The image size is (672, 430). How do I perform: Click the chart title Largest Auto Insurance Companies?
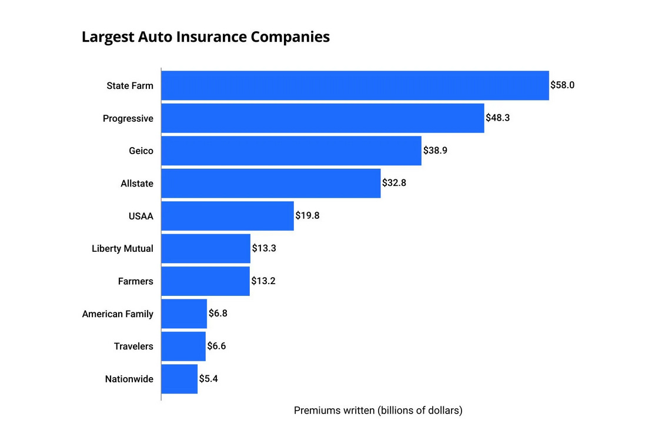point(205,37)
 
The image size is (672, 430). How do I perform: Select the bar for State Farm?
point(355,85)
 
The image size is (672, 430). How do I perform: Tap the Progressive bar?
point(322,118)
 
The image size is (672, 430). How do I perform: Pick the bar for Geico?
point(291,151)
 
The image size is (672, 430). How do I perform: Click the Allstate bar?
point(270,184)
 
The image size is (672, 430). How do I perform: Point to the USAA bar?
point(227,216)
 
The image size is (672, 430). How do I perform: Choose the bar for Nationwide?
point(179,379)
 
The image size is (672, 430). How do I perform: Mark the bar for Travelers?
point(183,346)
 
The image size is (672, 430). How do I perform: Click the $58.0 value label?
point(562,85)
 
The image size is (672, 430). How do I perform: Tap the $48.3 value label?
point(497,118)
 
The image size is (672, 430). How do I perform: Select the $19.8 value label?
point(307,215)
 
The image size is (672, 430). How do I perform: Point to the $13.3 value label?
point(264,248)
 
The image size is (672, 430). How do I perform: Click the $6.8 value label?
point(218,314)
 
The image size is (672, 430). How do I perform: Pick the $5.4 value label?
point(209,379)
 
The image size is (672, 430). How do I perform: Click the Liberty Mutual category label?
point(122,249)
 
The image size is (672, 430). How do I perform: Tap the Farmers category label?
point(135,281)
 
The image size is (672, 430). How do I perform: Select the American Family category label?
point(118,314)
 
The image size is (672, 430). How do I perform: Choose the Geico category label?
point(141,151)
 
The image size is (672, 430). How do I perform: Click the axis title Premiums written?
point(378,411)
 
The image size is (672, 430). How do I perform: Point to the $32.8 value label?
point(394,183)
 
